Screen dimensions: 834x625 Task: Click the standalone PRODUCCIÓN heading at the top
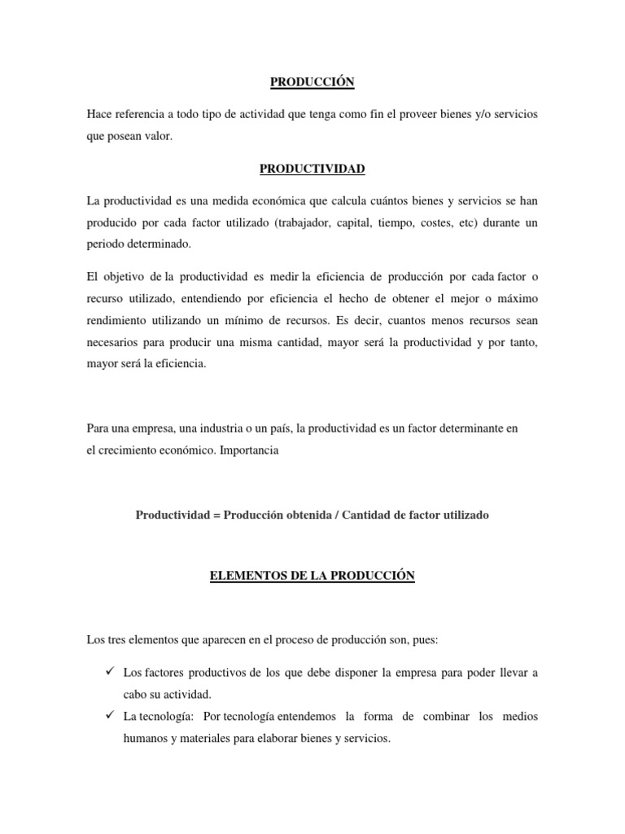(312, 82)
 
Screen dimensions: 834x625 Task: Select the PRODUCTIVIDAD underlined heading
(312, 169)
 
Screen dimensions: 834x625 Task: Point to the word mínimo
(240, 321)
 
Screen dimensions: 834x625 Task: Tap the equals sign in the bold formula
(216, 516)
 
